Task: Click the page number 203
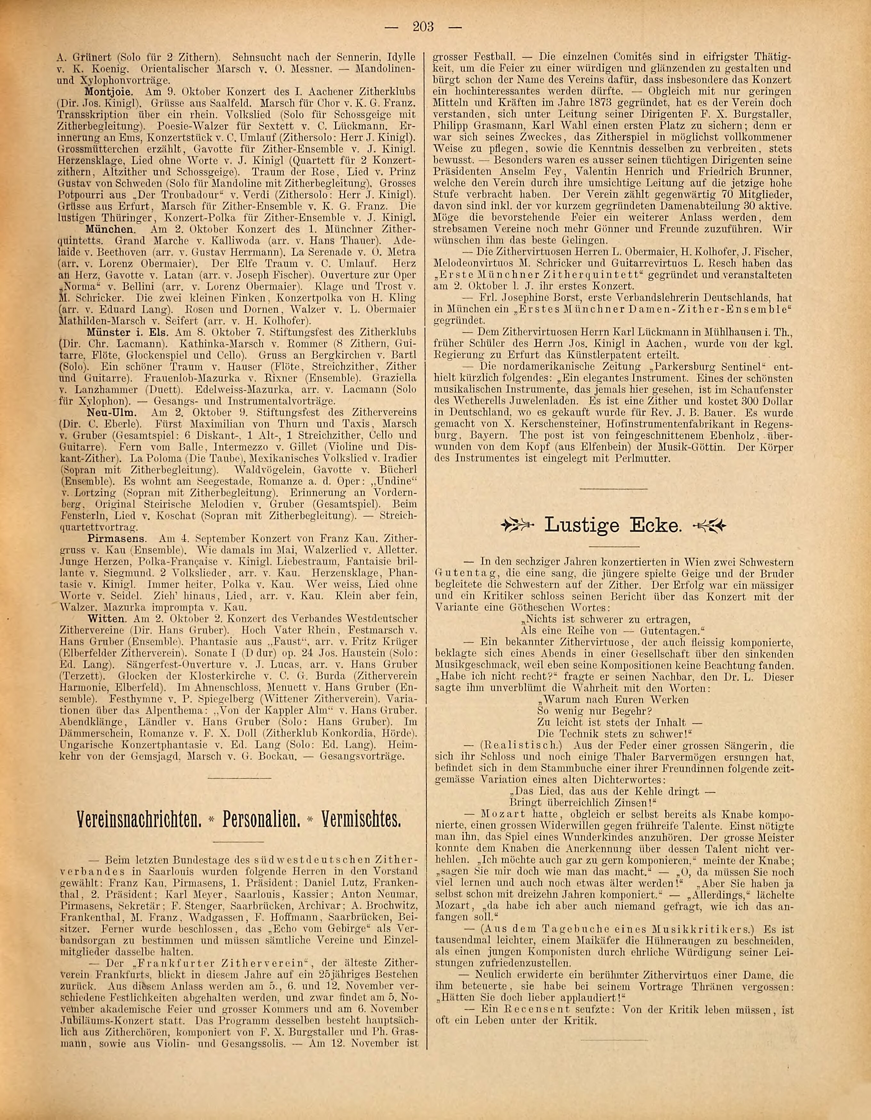(x=423, y=27)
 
